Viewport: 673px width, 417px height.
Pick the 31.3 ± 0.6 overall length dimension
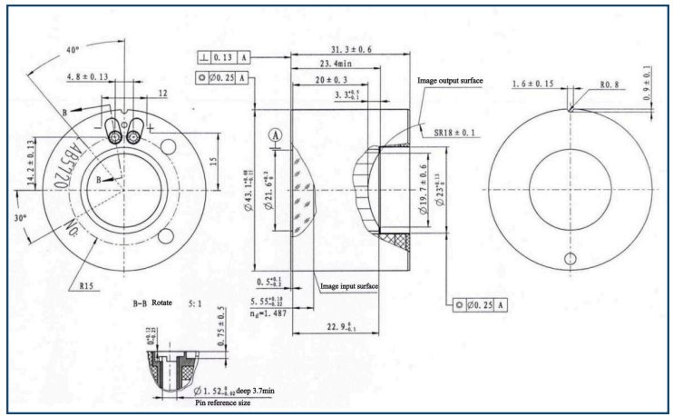pyautogui.click(x=348, y=51)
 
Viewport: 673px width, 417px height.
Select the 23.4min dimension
pyautogui.click(x=334, y=65)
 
